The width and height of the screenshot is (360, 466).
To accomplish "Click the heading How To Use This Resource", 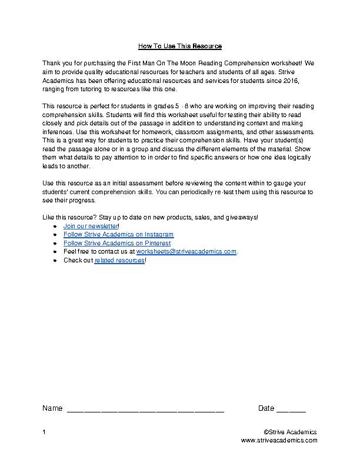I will [x=179, y=46].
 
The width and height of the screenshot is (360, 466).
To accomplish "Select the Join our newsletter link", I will [x=91, y=226].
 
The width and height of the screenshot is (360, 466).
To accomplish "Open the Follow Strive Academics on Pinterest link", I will [x=117, y=242].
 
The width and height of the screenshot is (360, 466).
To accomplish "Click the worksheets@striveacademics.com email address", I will [x=186, y=251].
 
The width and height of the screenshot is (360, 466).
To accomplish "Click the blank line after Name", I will [x=145, y=409].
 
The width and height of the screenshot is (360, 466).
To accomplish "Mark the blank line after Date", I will [x=291, y=409].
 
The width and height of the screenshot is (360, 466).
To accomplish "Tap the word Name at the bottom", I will [x=52, y=408].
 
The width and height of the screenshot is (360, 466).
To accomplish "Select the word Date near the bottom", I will [x=266, y=408].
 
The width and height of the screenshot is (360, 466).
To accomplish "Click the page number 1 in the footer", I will [x=44, y=432].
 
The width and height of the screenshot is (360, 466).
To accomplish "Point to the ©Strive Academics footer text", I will [x=291, y=432].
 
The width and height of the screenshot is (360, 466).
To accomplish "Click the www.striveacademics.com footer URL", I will [x=279, y=440].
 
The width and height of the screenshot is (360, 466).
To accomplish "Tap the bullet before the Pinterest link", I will [x=55, y=243].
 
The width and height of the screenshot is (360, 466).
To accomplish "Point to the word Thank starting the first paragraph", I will [x=51, y=62].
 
